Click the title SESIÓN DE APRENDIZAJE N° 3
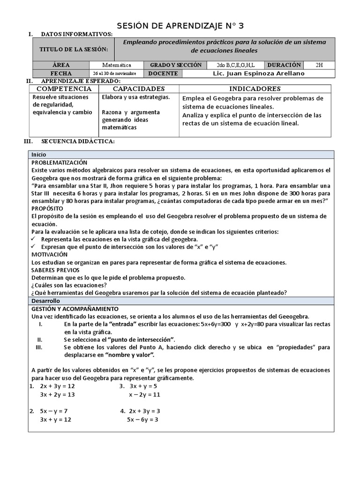[x=180, y=25]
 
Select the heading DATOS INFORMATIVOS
[x=76, y=35]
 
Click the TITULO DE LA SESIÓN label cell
[x=74, y=50]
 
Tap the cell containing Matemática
[x=117, y=65]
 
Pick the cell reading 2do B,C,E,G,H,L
[x=236, y=65]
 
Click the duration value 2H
[x=319, y=65]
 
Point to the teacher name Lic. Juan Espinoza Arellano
[x=258, y=74]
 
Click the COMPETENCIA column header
[x=64, y=89]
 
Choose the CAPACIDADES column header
[x=139, y=89]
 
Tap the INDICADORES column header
[x=255, y=89]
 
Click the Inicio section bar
[x=180, y=154]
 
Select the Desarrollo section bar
[x=180, y=300]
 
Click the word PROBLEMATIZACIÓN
[x=60, y=162]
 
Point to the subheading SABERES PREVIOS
[x=55, y=270]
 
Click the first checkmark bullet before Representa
[x=34, y=239]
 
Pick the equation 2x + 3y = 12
[x=57, y=386]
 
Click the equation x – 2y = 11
[x=145, y=395]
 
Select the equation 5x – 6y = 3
[x=142, y=420]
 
